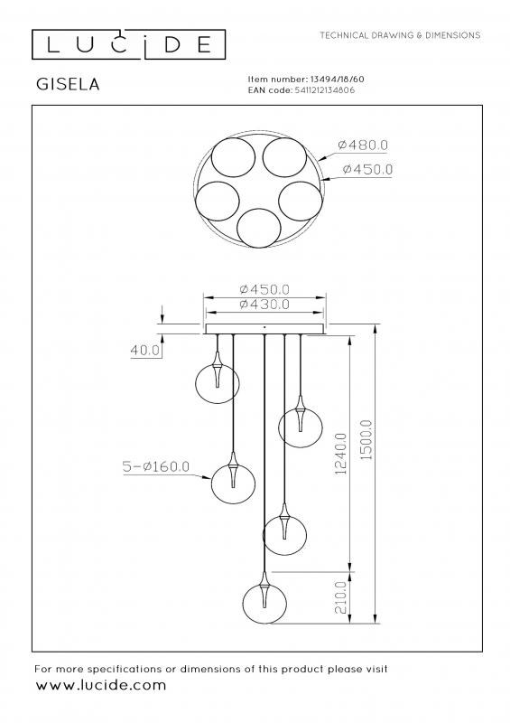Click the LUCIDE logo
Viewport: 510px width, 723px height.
(x=128, y=44)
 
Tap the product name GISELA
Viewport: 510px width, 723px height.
(x=68, y=84)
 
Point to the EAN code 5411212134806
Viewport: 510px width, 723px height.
(x=324, y=89)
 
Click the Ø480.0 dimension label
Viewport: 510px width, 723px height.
(x=363, y=145)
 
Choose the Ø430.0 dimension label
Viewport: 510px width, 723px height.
(x=264, y=305)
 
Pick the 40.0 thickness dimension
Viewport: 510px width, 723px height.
(x=145, y=351)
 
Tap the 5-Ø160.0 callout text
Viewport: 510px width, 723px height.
(x=156, y=466)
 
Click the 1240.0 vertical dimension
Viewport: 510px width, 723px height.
(x=341, y=454)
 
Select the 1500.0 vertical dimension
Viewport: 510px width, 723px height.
(x=366, y=439)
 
